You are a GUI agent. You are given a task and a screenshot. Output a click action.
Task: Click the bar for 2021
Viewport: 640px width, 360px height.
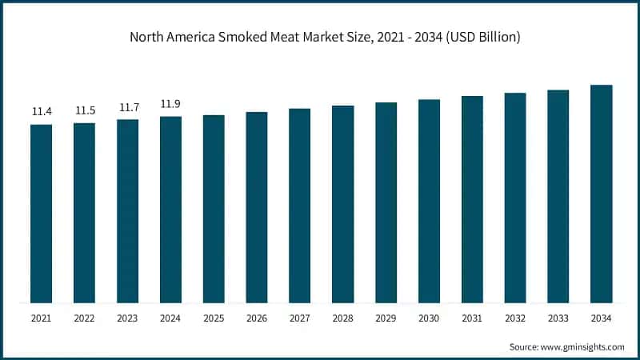pyautogui.click(x=42, y=214)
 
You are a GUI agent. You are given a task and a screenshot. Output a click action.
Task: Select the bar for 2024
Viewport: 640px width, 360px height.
pyautogui.click(x=170, y=210)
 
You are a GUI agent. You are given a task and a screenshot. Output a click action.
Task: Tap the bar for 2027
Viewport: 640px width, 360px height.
pyautogui.click(x=300, y=206)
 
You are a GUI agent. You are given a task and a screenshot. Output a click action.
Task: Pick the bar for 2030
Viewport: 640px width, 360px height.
pyautogui.click(x=429, y=201)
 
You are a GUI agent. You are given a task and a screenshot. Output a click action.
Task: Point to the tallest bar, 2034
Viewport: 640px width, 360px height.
pyautogui.click(x=602, y=194)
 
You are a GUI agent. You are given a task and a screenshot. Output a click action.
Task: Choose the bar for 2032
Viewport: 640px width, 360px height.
pyautogui.click(x=515, y=198)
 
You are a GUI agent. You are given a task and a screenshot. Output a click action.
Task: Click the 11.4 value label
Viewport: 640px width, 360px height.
pyautogui.click(x=42, y=111)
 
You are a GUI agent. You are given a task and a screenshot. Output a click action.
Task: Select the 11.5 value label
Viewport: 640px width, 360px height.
pyautogui.click(x=85, y=110)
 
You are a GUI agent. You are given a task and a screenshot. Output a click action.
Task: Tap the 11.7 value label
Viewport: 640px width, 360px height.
pyautogui.click(x=128, y=107)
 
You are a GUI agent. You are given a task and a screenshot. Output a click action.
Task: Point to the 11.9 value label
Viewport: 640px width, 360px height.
pyautogui.click(x=170, y=104)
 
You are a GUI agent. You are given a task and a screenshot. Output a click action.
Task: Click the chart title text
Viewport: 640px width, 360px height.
pyautogui.click(x=320, y=35)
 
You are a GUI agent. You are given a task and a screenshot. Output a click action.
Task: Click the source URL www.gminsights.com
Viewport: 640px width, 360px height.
pyautogui.click(x=583, y=346)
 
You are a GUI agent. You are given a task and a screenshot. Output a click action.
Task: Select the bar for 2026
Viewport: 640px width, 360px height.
pyautogui.click(x=257, y=207)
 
